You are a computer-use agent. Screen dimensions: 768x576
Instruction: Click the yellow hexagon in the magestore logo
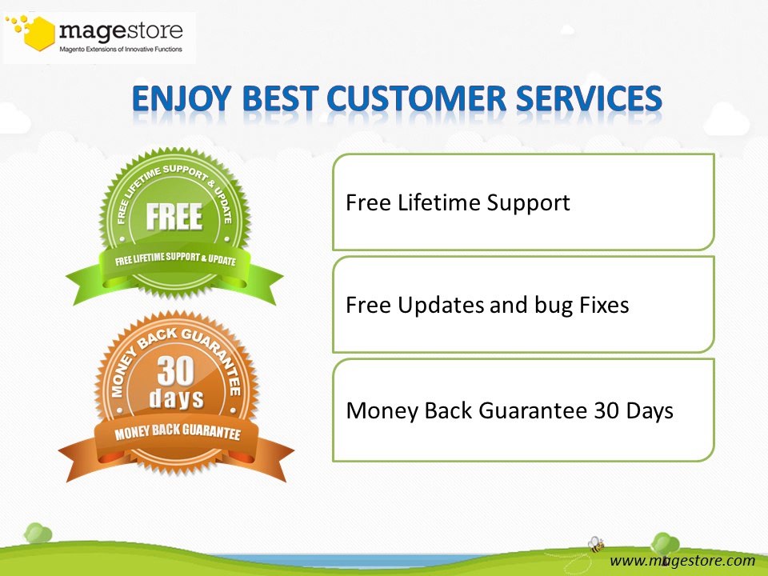(x=40, y=34)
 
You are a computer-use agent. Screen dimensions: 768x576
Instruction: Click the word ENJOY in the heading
(x=182, y=98)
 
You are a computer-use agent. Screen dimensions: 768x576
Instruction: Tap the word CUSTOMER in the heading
(x=416, y=98)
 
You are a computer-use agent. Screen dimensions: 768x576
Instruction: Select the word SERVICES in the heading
(x=589, y=98)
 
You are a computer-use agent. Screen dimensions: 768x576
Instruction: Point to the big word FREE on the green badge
(x=174, y=217)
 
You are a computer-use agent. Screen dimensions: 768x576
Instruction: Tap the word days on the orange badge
(x=176, y=398)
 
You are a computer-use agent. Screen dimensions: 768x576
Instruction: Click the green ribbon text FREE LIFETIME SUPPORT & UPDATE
(x=175, y=258)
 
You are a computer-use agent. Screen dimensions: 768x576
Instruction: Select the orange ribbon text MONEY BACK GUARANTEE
(x=178, y=433)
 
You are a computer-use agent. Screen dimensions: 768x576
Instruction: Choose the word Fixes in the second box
(x=604, y=305)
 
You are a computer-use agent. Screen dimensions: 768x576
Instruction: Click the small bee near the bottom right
(x=596, y=544)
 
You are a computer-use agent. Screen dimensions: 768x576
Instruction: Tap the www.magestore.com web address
(x=682, y=561)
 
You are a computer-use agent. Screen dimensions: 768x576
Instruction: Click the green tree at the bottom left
(x=38, y=533)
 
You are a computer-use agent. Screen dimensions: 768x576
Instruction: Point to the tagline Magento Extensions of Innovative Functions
(x=121, y=49)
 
